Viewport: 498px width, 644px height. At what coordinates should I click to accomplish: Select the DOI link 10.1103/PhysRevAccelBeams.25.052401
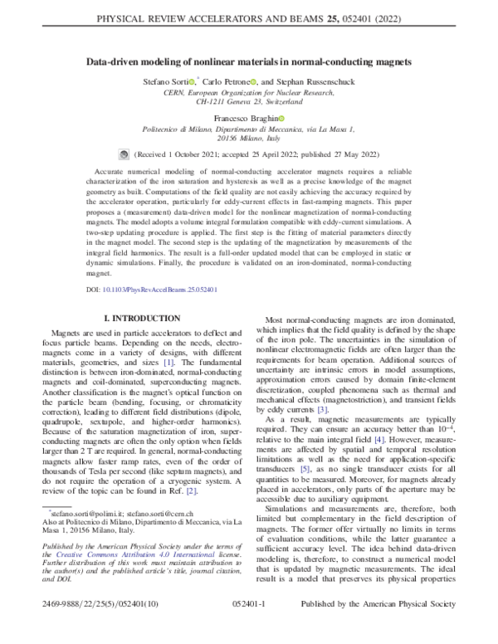(164, 291)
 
